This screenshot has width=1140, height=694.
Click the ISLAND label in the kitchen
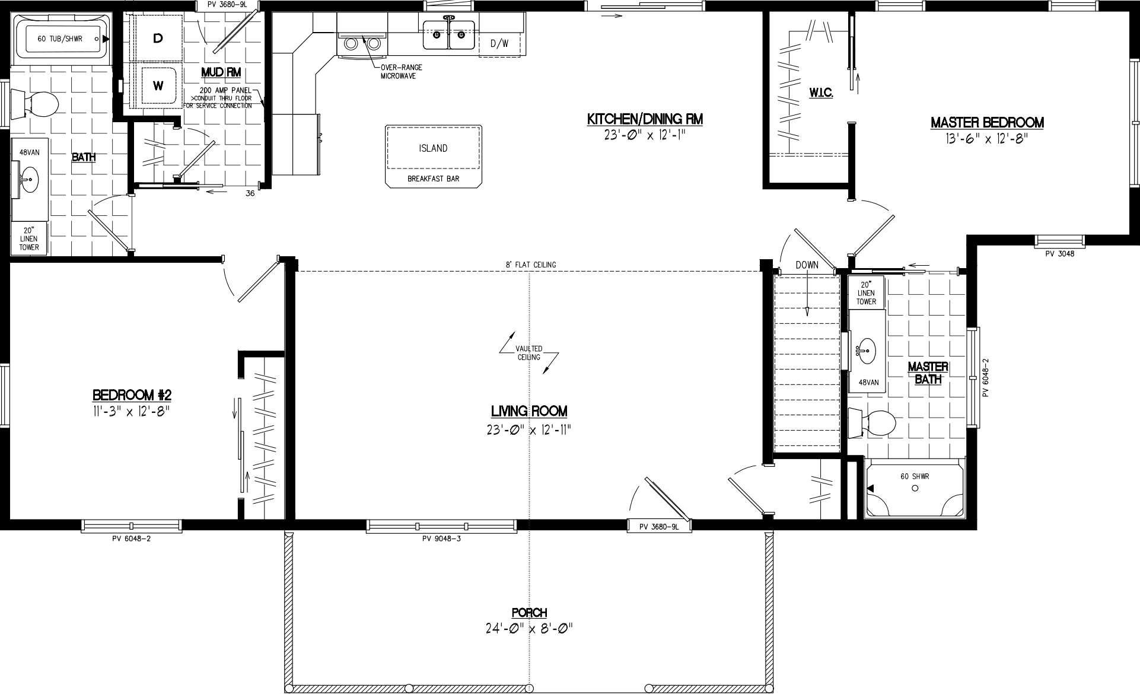click(433, 148)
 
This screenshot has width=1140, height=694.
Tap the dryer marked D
click(158, 39)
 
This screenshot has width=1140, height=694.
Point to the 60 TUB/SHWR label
click(60, 39)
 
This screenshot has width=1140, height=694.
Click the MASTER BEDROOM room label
click(987, 123)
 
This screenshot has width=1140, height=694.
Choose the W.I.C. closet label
click(821, 93)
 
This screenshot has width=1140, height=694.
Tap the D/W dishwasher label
click(499, 43)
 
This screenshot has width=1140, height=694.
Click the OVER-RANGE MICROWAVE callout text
click(402, 72)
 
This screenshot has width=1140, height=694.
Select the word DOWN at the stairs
click(807, 265)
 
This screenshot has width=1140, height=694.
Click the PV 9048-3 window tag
click(441, 539)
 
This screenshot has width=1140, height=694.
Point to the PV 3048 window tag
click(1059, 253)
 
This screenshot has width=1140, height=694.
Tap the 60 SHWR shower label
click(915, 476)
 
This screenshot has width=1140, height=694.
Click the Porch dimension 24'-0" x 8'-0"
click(529, 628)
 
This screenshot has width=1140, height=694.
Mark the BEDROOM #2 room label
click(132, 395)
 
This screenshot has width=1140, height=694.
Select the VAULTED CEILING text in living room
click(528, 354)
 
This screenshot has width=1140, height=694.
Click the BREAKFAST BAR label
click(433, 179)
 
